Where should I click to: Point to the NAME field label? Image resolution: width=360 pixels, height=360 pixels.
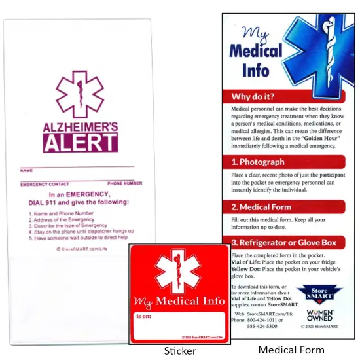pos(26,170)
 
